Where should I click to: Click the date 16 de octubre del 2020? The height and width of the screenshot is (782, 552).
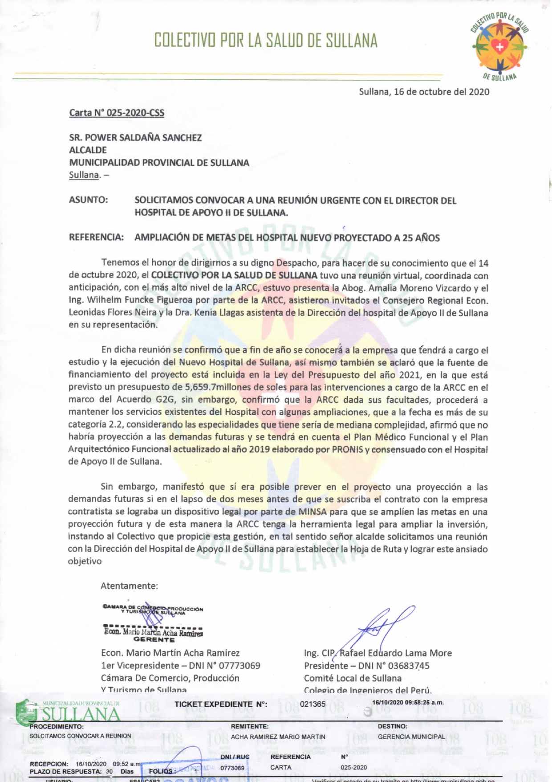click(424, 92)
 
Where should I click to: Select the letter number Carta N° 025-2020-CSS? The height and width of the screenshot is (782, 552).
click(117, 113)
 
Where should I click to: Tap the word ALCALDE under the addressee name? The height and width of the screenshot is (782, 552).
click(88, 150)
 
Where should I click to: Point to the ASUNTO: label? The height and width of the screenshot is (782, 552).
click(88, 200)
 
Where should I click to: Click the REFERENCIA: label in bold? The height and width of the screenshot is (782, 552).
click(96, 237)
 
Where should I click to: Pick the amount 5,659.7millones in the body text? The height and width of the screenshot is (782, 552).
click(217, 387)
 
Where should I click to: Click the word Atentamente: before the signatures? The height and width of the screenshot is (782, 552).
click(129, 585)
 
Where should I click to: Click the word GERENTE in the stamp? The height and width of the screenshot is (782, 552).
click(154, 640)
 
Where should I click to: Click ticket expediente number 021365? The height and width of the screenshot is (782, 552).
click(313, 704)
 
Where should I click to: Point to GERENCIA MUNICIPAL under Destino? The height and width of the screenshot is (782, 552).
click(411, 737)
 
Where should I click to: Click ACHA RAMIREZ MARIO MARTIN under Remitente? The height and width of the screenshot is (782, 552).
click(278, 737)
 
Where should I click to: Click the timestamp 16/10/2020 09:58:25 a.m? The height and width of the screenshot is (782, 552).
click(408, 703)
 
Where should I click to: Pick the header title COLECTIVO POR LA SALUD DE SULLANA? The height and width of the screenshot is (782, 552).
click(266, 41)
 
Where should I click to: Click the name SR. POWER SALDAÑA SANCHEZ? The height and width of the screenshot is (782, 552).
click(135, 138)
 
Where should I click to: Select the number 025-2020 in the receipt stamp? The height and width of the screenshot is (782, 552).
click(353, 767)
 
